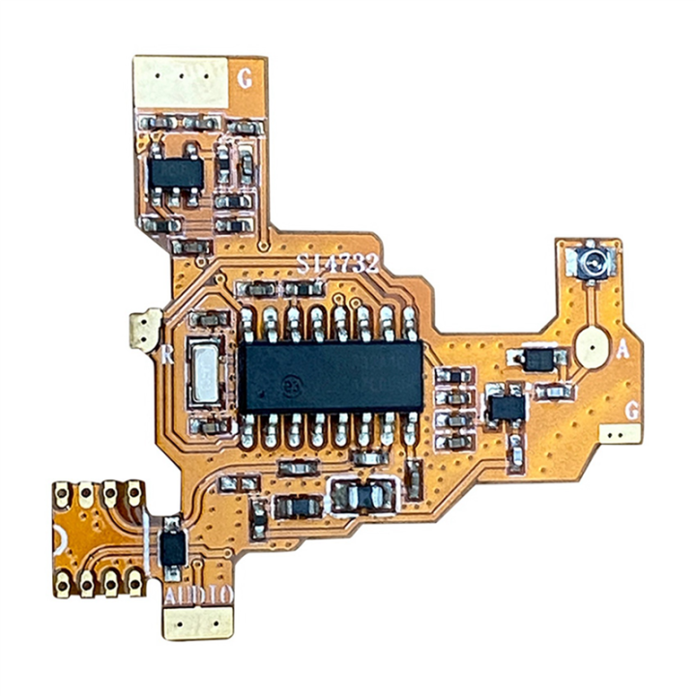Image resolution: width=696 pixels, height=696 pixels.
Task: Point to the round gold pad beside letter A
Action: pos(591,346)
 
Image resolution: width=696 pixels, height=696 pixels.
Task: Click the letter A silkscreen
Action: pos(624,352)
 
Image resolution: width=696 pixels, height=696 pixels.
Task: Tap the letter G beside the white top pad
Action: pos(246,79)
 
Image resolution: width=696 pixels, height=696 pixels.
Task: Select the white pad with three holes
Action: pos(181,83)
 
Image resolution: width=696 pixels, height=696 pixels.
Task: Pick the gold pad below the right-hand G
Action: pos(620,434)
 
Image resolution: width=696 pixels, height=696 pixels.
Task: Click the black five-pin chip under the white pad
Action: pos(174,174)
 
